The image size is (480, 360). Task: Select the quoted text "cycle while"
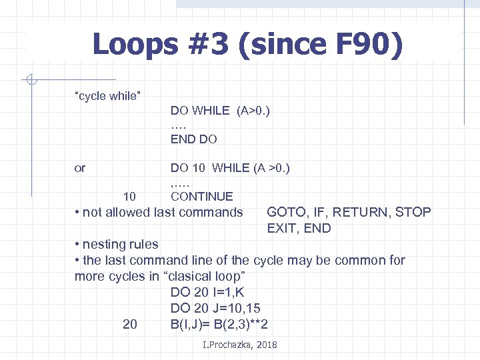[107, 96]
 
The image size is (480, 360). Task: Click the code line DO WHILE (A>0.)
[220, 111]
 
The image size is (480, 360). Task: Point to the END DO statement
[194, 140]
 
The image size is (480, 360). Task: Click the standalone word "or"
[80, 168]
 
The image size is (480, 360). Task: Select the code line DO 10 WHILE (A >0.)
[230, 168]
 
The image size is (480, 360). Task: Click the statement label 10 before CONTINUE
[130, 197]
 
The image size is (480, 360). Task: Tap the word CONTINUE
[202, 197]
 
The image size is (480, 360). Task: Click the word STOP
[413, 213]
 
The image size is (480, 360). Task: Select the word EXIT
[281, 229]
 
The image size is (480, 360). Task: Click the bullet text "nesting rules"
[120, 245]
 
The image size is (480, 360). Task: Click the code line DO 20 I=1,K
[207, 292]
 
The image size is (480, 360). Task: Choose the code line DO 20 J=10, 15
[215, 308]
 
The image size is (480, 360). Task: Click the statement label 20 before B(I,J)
[130, 324]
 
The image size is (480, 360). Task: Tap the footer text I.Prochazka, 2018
[239, 345]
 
